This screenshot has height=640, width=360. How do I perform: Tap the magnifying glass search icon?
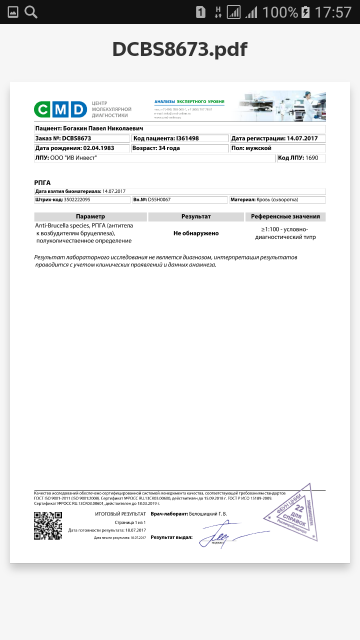click(x=31, y=12)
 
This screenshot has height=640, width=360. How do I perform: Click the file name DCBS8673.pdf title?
click(x=179, y=49)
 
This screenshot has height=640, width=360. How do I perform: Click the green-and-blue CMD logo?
click(x=60, y=109)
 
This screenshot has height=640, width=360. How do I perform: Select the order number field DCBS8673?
click(x=82, y=138)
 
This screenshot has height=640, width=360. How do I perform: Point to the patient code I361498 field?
click(x=179, y=138)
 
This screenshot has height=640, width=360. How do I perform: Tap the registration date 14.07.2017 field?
click(x=277, y=138)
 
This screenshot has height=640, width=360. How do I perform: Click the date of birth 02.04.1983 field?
click(x=82, y=148)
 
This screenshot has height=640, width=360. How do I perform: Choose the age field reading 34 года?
click(x=179, y=148)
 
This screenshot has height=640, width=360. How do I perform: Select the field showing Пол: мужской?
click(x=277, y=148)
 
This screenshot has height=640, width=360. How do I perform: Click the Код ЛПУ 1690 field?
click(x=301, y=158)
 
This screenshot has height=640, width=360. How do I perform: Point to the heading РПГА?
click(x=42, y=182)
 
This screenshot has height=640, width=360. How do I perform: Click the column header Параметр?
click(x=90, y=216)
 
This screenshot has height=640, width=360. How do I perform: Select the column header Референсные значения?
click(x=285, y=216)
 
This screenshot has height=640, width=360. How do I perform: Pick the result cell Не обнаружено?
click(x=196, y=233)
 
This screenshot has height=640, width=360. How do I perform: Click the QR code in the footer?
click(x=48, y=525)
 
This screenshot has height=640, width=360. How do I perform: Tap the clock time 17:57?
click(x=333, y=12)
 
